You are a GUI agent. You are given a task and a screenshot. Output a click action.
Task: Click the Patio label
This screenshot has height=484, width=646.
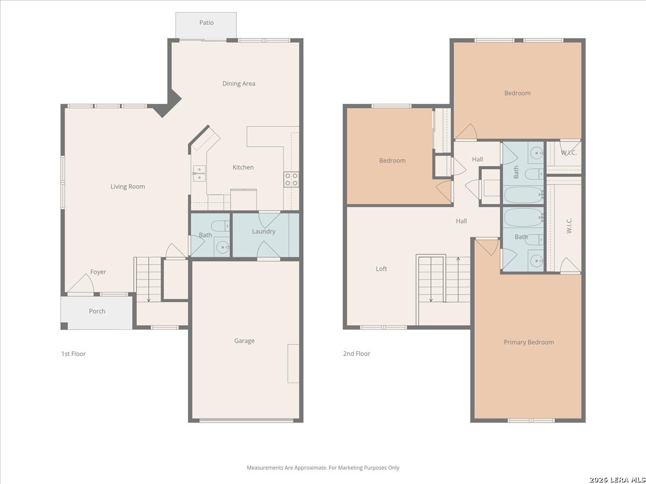[x=206, y=23]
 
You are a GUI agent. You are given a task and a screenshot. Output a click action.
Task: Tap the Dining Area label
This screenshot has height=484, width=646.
[x=238, y=84]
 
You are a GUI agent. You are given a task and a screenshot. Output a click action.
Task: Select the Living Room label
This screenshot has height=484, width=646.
[x=128, y=187]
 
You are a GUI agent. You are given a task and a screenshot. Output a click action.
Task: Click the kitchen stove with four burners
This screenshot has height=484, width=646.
[x=291, y=179]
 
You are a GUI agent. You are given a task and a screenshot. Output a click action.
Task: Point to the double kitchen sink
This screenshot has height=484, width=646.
[x=199, y=173]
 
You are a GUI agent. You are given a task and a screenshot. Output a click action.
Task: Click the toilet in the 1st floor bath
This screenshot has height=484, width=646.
[x=220, y=226]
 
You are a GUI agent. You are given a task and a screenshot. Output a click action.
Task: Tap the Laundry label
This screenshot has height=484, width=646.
[x=264, y=232]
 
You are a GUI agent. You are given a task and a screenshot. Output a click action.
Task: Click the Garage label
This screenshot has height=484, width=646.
[x=244, y=341]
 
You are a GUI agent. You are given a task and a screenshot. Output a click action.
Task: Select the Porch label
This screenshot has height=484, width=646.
[x=97, y=311]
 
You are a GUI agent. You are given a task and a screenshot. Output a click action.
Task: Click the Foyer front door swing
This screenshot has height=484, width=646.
[x=81, y=284]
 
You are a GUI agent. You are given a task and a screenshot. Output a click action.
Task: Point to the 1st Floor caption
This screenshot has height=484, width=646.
[x=73, y=354]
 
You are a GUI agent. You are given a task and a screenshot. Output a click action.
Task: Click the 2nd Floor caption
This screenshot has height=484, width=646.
[x=356, y=354]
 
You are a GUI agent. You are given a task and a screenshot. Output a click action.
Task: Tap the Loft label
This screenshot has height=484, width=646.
[x=381, y=269]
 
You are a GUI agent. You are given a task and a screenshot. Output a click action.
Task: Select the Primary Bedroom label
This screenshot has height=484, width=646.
[x=529, y=343]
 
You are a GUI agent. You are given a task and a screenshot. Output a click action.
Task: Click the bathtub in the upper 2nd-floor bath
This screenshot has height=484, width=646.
[x=524, y=195]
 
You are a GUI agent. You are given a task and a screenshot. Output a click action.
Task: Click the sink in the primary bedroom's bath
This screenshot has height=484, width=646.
[x=536, y=260]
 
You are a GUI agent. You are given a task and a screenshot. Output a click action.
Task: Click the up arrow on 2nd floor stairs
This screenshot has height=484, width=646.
[x=458, y=280]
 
